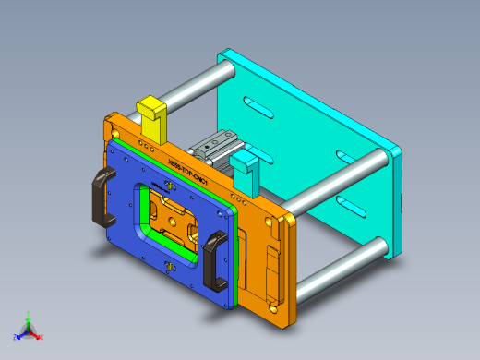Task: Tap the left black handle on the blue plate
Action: (x=100, y=201)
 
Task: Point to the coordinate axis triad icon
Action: (x=28, y=329)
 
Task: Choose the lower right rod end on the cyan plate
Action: (x=378, y=246)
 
